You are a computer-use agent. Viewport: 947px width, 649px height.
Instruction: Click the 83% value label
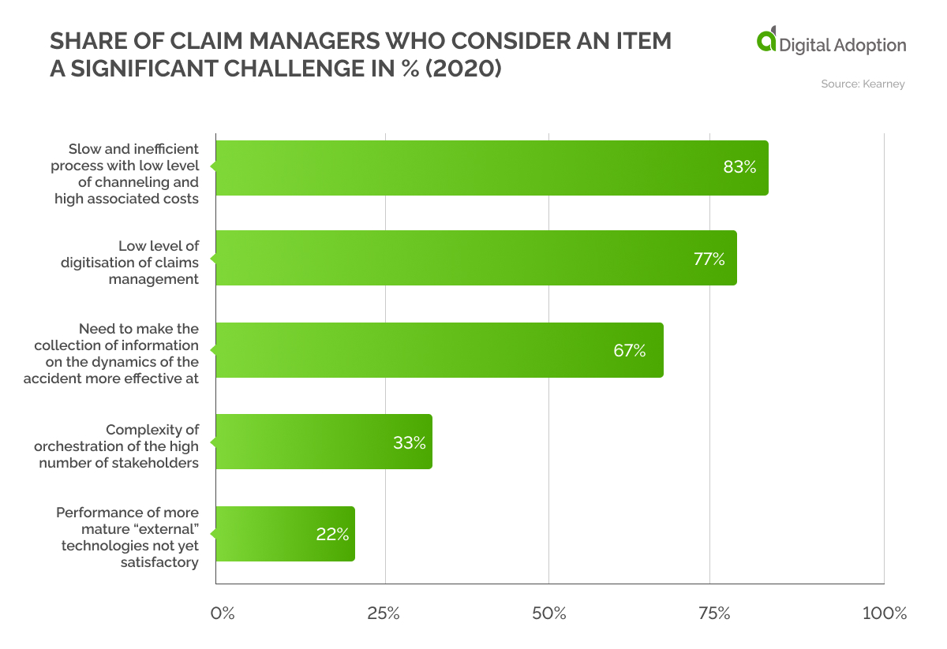(x=739, y=167)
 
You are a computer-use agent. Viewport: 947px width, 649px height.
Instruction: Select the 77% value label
(x=709, y=258)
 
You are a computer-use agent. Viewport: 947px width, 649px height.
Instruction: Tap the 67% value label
(x=629, y=350)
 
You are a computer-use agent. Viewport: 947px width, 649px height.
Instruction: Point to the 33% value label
(x=409, y=442)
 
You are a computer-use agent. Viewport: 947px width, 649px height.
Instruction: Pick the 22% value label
(x=332, y=534)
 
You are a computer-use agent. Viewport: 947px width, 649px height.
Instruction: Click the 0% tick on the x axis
(x=223, y=614)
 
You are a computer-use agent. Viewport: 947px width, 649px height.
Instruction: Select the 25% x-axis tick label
(x=384, y=614)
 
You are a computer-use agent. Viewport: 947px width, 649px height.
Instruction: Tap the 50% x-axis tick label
(x=548, y=614)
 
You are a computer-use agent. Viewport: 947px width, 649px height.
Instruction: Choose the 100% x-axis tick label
(x=884, y=614)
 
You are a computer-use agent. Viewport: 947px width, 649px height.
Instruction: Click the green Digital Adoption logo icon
(x=766, y=41)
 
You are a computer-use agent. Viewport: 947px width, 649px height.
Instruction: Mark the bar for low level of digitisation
(x=476, y=258)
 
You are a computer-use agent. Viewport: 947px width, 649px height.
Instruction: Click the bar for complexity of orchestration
(x=324, y=442)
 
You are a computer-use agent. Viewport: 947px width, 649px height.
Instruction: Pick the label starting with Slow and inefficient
(x=125, y=173)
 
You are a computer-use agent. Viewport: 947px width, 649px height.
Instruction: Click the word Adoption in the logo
(x=869, y=45)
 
